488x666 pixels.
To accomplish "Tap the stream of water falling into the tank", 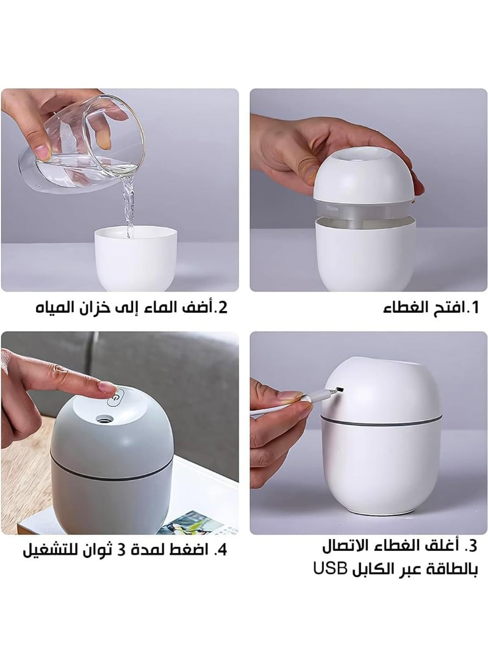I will coord(128,204).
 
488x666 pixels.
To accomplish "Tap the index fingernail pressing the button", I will coord(108,388).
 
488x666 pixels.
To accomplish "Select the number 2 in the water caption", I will coord(222,307).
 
